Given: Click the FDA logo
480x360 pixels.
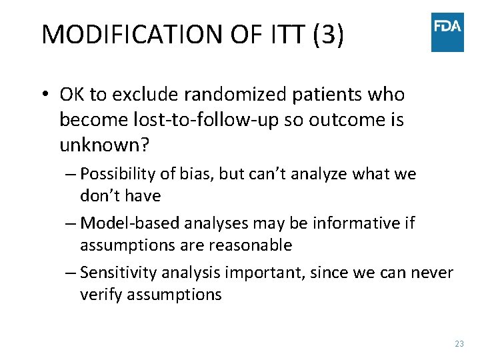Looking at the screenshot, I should (x=447, y=32).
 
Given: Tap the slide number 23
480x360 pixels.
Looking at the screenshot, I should (x=459, y=343).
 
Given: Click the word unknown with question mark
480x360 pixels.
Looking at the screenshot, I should (x=103, y=145).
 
